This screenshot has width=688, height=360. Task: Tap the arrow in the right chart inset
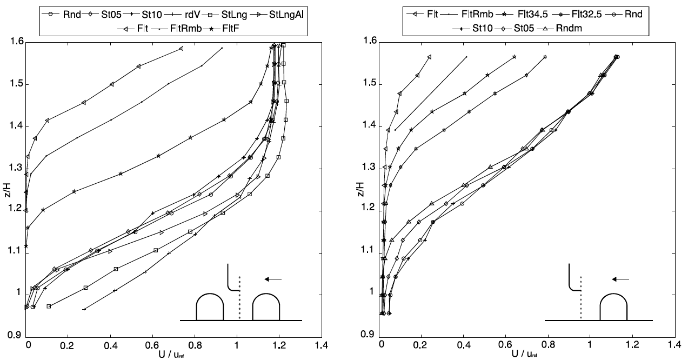pos(620,279)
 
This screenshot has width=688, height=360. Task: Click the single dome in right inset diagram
pos(613,308)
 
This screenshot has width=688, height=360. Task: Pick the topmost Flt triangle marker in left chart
pos(182,49)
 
